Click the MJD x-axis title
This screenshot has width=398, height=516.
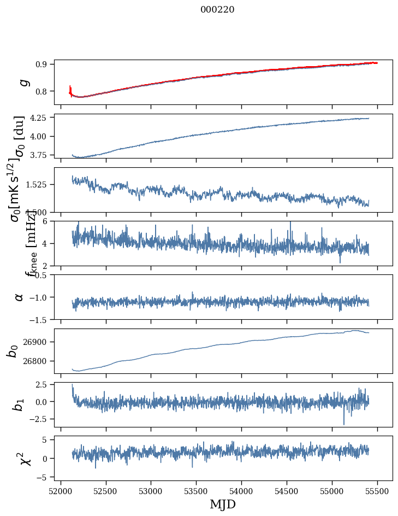click(223, 505)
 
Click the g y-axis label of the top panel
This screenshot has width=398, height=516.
click(23, 82)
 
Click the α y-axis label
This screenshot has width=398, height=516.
click(19, 297)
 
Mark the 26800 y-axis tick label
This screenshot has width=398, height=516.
click(37, 361)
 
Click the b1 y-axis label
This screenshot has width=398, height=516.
click(19, 404)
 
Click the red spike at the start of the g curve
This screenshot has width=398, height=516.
click(70, 89)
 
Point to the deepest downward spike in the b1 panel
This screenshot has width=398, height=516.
click(344, 424)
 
